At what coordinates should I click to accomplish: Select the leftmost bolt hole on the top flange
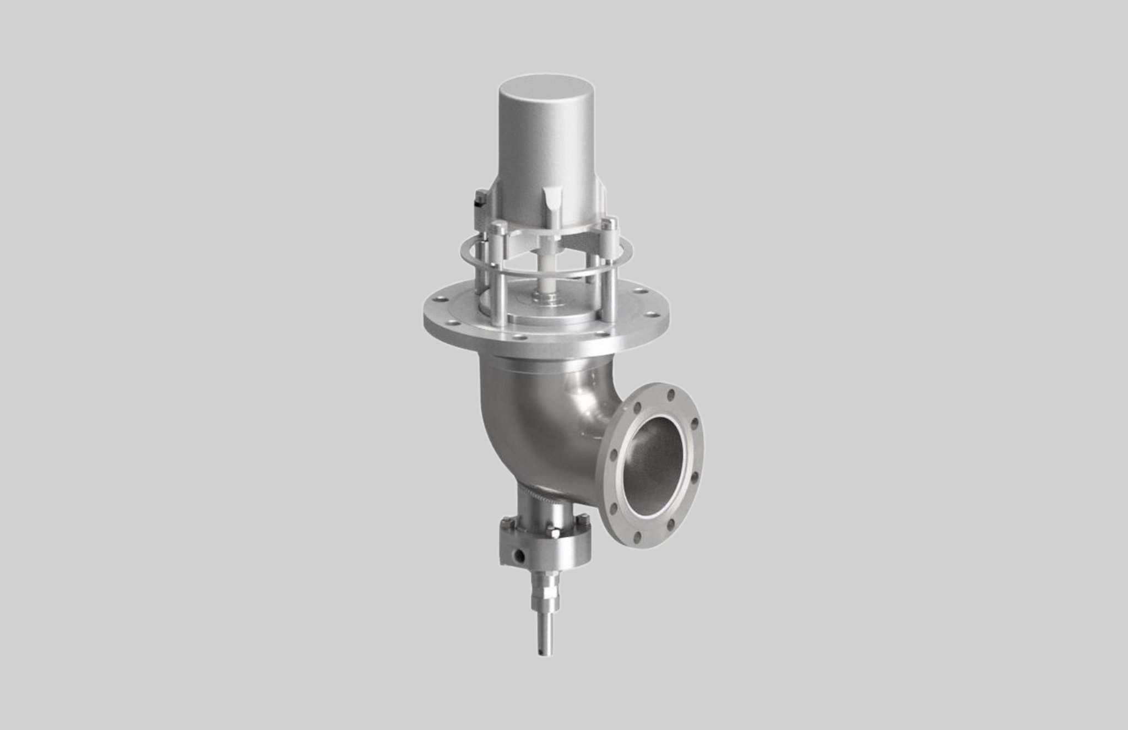(x=438, y=302)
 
